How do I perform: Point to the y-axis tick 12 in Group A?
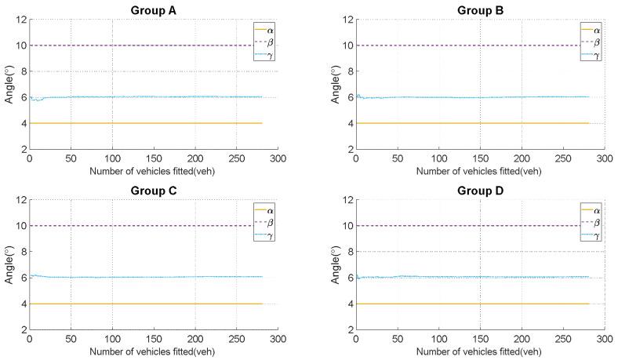click(x=20, y=20)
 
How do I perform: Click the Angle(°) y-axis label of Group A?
click(x=8, y=84)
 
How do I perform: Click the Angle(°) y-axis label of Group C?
click(x=8, y=264)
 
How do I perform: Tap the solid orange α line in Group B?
click(x=471, y=123)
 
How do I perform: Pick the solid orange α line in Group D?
click(x=471, y=304)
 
